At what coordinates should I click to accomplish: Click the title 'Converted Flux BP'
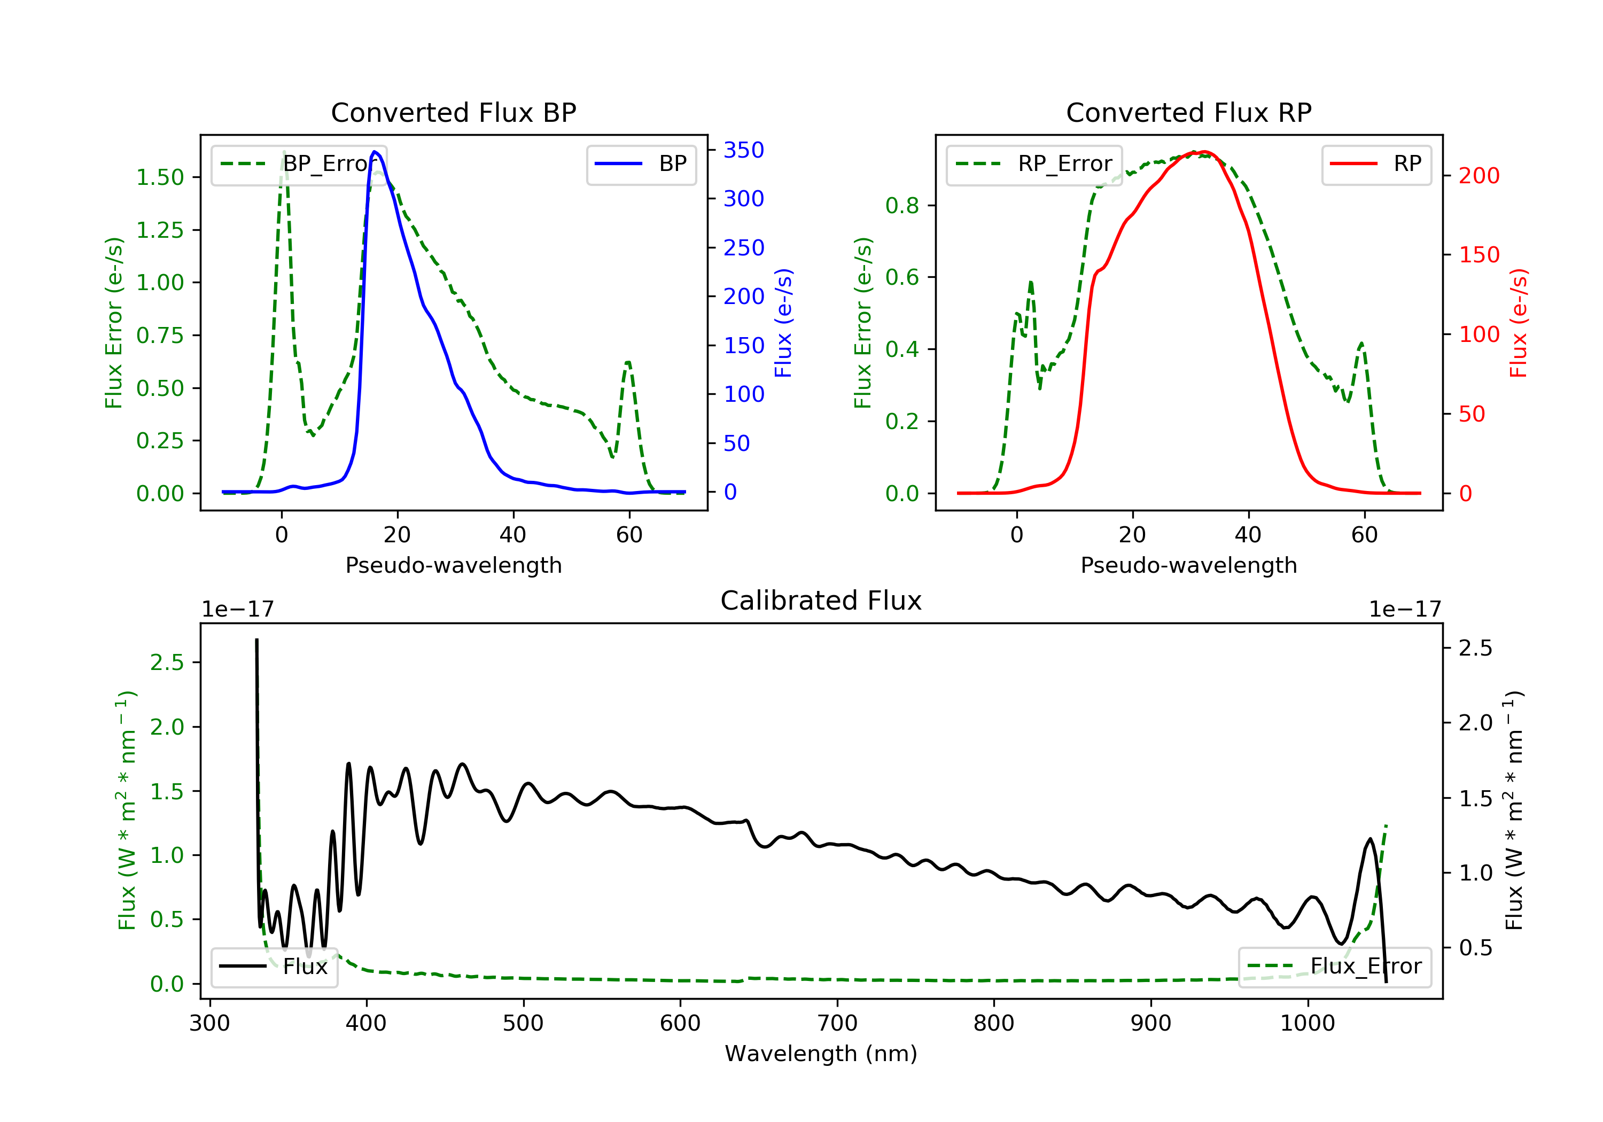click(x=453, y=112)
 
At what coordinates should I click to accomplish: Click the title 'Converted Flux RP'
click(x=1188, y=112)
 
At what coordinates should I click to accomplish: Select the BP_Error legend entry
click(x=299, y=164)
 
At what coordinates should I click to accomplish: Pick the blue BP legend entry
click(x=641, y=164)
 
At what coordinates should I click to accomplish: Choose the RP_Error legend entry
click(x=1034, y=164)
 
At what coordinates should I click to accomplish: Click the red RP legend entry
click(x=1376, y=164)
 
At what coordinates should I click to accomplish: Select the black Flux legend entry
click(x=275, y=967)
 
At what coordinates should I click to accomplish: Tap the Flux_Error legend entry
click(x=1334, y=967)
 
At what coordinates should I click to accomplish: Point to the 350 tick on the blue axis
click(x=744, y=150)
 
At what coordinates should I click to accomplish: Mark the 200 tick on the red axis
click(x=1479, y=176)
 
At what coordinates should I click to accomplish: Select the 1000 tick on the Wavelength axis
click(x=1307, y=1024)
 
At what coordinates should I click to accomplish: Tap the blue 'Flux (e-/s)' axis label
click(x=783, y=323)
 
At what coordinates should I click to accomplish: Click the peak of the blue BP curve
click(x=375, y=152)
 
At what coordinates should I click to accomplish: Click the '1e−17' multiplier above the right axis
click(x=1405, y=610)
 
